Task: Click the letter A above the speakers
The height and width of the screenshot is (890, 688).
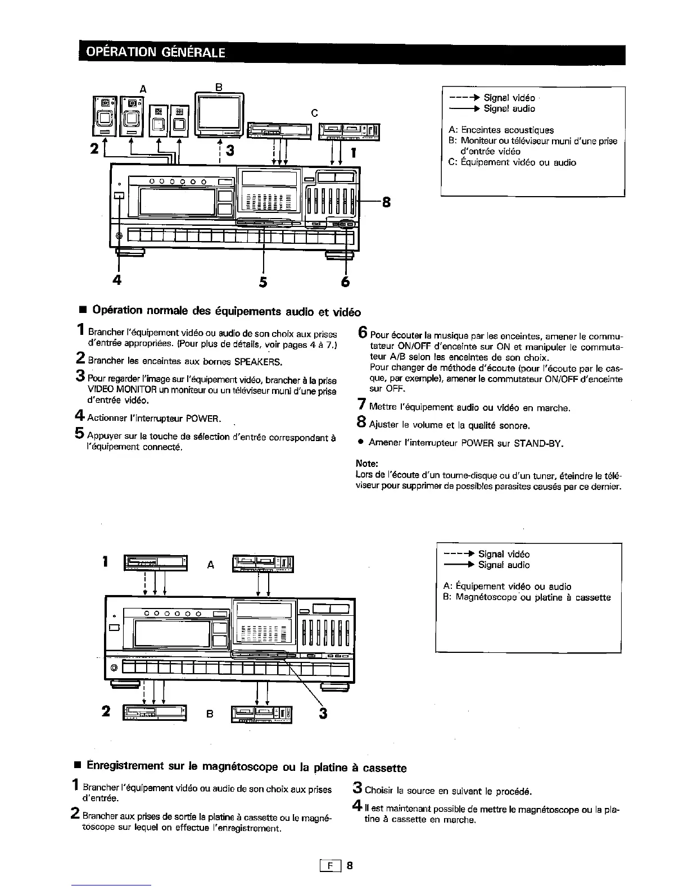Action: [x=142, y=88]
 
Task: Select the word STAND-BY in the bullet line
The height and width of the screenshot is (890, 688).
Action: [x=542, y=443]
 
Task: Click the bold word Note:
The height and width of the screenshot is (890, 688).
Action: [x=366, y=464]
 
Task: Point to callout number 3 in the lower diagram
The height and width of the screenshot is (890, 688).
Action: [x=323, y=713]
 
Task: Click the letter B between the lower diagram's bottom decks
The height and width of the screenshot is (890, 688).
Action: [x=210, y=714]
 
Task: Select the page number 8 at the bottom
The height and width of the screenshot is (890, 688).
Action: [x=350, y=865]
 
